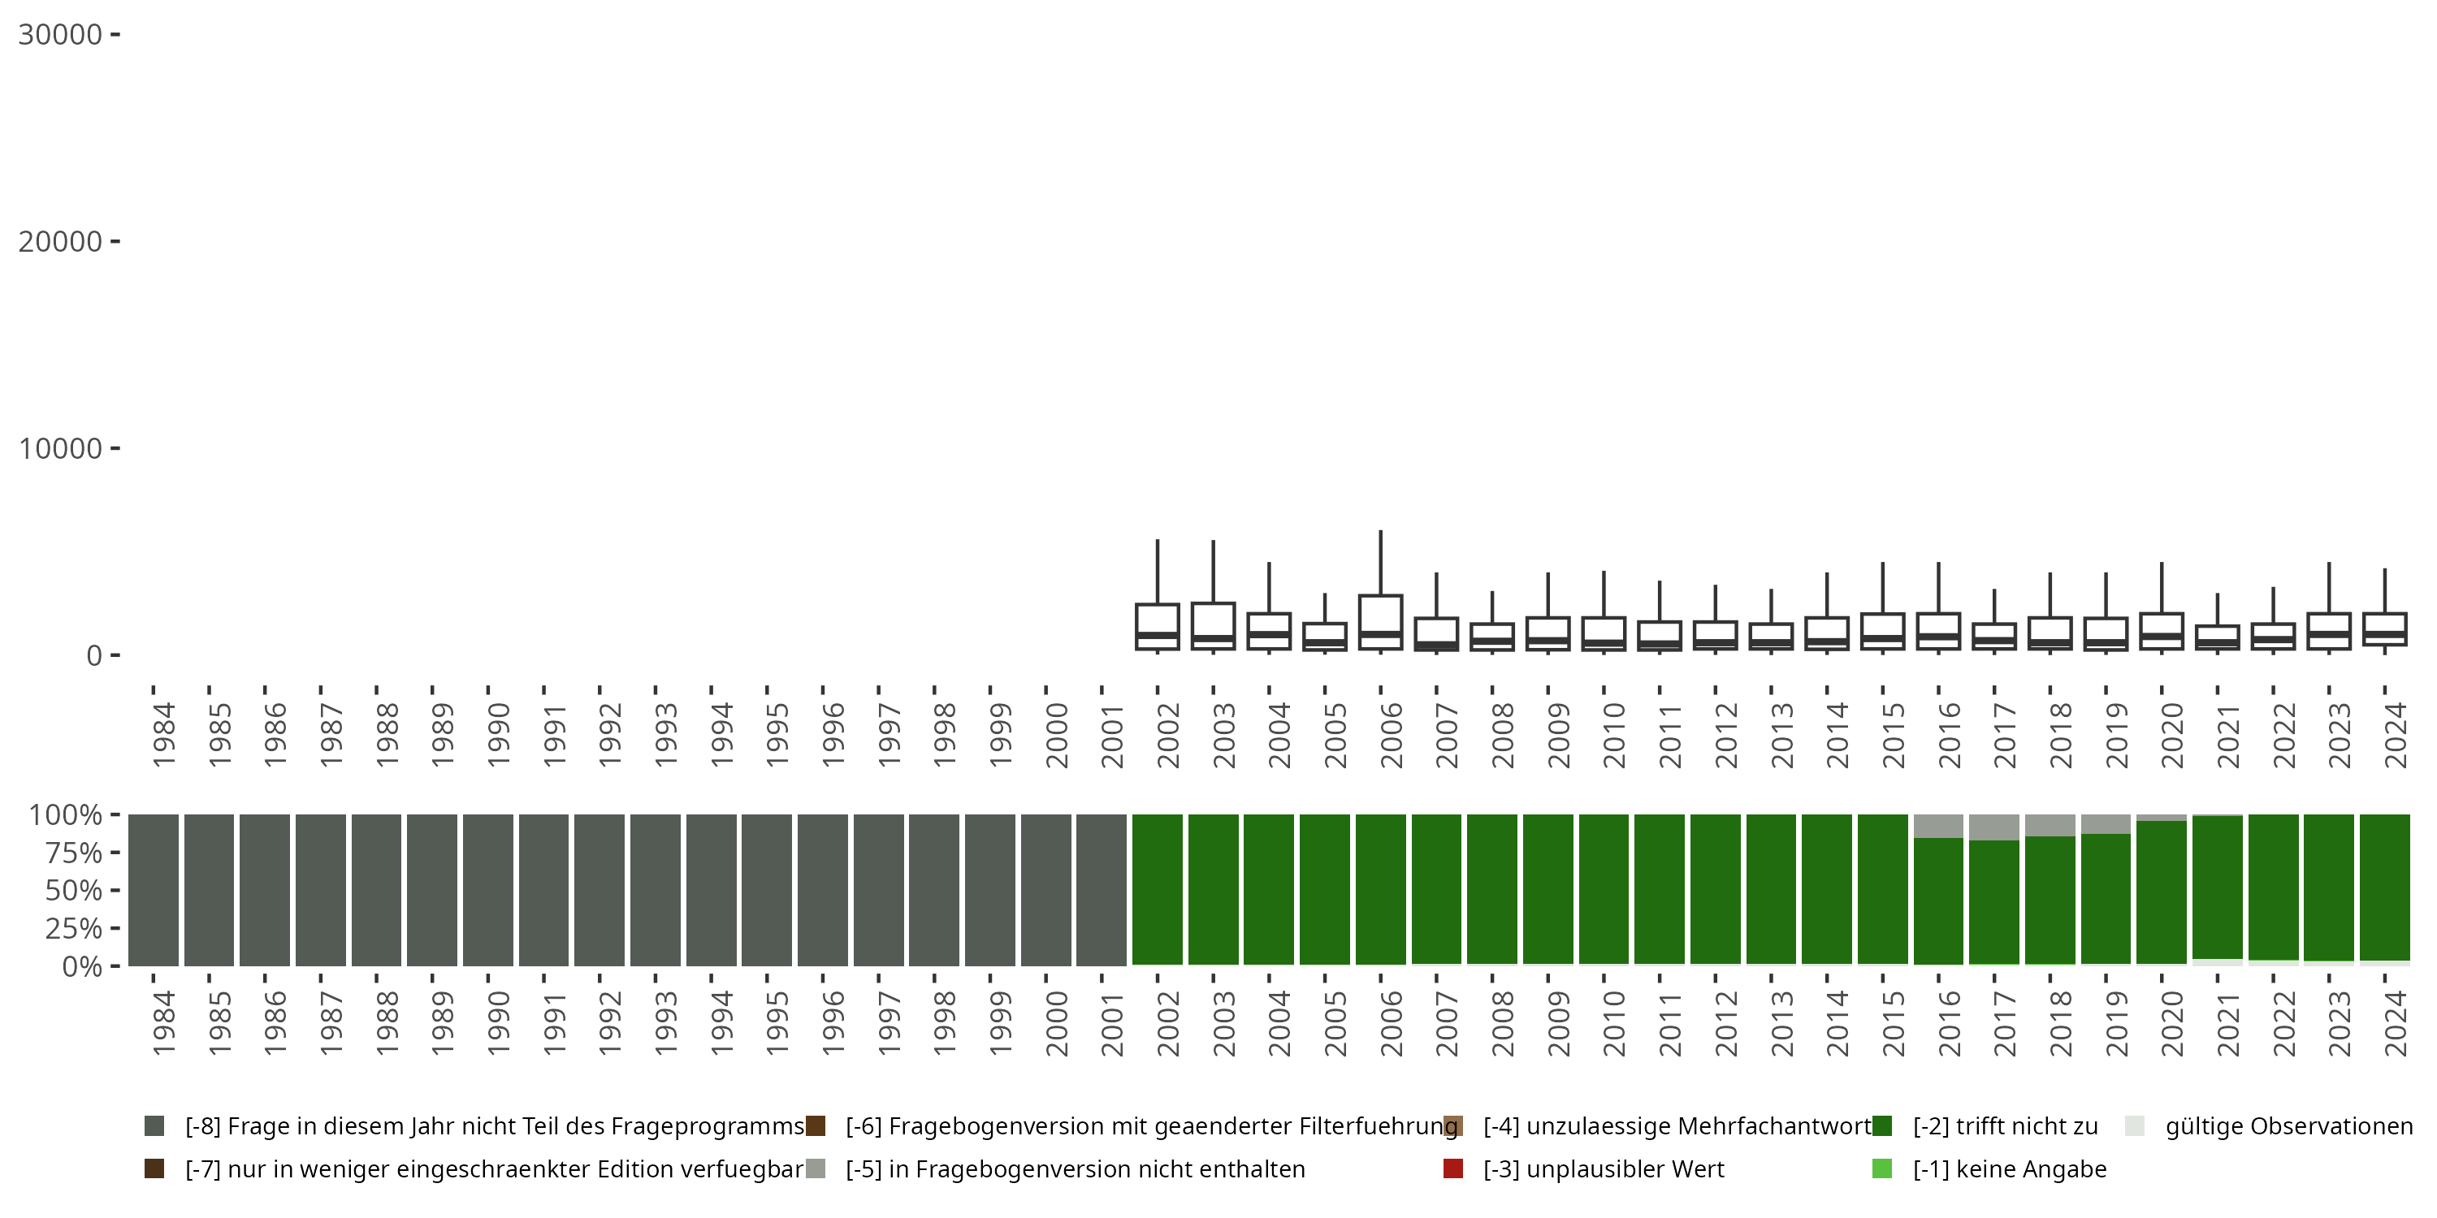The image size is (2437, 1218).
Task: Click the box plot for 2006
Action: [x=1380, y=622]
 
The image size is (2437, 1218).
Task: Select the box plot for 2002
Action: [x=1157, y=626]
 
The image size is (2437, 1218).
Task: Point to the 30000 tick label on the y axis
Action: [x=59, y=35]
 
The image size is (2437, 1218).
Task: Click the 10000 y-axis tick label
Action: [x=59, y=448]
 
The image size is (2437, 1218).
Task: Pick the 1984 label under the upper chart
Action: [x=162, y=735]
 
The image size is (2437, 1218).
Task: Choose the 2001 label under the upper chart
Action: [x=1113, y=735]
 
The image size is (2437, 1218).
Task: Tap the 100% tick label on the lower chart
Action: [x=65, y=815]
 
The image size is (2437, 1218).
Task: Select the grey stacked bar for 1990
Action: [x=487, y=890]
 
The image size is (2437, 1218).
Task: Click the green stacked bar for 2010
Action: [x=1604, y=890]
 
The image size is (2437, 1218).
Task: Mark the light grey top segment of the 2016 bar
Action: [x=1938, y=826]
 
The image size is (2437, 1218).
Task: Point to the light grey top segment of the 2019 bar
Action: [x=2106, y=823]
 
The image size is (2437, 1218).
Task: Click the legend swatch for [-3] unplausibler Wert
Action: [x=1453, y=1168]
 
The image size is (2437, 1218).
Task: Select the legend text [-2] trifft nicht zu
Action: [x=2005, y=1126]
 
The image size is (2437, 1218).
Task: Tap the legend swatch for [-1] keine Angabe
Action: [x=1881, y=1168]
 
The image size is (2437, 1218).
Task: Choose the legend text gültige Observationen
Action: [x=2288, y=1126]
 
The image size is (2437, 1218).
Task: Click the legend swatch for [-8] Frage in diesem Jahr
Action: [x=154, y=1126]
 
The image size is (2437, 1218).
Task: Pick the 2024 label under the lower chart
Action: [x=2395, y=1024]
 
